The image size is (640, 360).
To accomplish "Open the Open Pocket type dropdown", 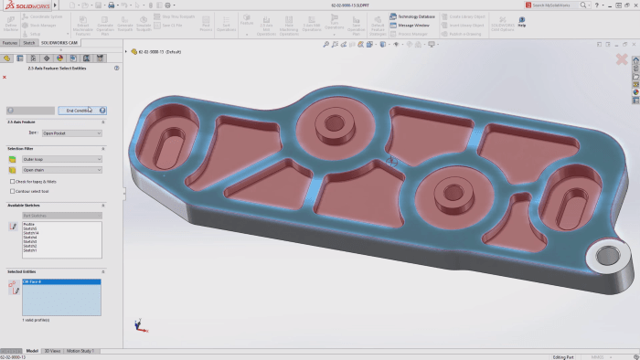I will point(71,132).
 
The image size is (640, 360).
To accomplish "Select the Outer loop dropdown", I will point(61,159).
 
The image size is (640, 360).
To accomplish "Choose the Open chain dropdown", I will point(61,170).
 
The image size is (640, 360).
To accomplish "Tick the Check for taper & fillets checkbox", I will point(11,181).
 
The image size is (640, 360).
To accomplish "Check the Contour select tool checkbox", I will point(11,191).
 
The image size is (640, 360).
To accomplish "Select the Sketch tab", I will point(29,42).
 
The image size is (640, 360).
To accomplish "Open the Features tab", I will point(10,42).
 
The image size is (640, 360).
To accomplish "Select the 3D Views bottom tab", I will point(53,350).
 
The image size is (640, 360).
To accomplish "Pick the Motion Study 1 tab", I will point(84,350).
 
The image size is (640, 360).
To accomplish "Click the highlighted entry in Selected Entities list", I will point(60,283).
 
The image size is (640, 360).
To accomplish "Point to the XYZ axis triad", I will point(138,324).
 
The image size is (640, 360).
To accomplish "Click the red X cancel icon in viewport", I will point(622,59).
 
